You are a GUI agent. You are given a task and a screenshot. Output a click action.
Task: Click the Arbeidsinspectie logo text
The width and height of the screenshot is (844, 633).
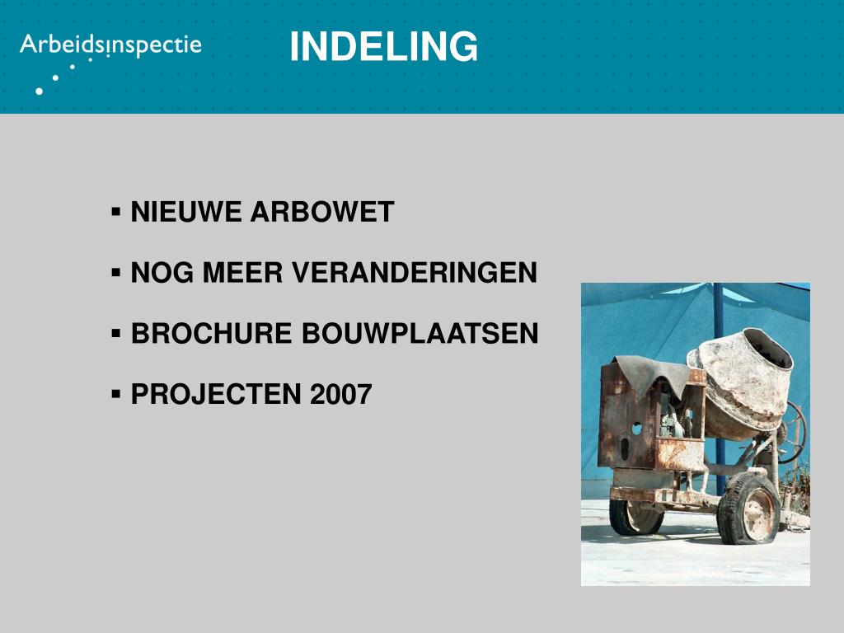tap(110, 45)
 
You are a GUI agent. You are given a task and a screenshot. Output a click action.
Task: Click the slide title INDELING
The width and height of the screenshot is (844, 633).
tap(383, 47)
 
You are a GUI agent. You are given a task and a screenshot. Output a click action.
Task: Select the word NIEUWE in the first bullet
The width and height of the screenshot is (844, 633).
tap(186, 213)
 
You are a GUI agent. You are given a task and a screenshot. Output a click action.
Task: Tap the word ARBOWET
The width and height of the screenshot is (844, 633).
tap(321, 213)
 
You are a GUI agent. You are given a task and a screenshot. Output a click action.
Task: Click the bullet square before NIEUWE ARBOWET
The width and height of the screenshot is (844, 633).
tap(116, 211)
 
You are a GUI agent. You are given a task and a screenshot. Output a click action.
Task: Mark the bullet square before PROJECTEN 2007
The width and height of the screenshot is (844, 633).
tap(116, 393)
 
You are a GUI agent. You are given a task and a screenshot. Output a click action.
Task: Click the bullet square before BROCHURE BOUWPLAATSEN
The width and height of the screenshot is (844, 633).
tap(116, 332)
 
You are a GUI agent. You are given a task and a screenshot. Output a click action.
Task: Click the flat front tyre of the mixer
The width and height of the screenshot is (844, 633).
tap(748, 509)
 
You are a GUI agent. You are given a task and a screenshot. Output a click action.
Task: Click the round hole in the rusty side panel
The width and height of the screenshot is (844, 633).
tap(636, 429)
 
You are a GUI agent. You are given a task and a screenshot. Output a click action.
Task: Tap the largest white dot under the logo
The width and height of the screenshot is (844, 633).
tap(39, 91)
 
